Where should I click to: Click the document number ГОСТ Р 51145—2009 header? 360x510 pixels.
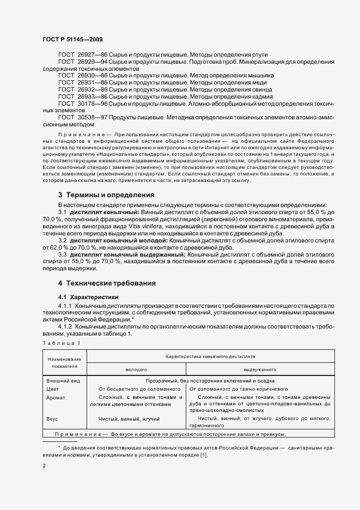pyautogui.click(x=72, y=40)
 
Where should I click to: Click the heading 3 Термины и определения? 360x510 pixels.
pyautogui.click(x=106, y=195)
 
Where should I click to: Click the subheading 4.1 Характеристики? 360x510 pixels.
pyautogui.click(x=88, y=297)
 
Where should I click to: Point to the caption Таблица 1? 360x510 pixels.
pyautogui.click(x=61, y=342)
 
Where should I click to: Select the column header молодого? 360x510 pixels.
pyautogui.click(x=136, y=369)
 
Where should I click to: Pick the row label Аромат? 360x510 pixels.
pyautogui.click(x=56, y=398)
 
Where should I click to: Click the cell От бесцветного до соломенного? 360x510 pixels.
pyautogui.click(x=139, y=389)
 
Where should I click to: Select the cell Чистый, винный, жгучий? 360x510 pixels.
pyautogui.click(x=129, y=418)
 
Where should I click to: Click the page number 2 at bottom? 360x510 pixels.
pyautogui.click(x=44, y=466)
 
